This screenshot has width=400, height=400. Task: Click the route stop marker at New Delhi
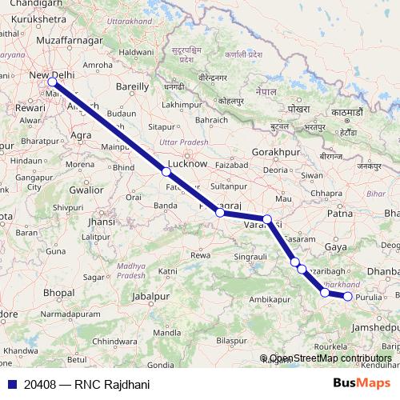[x=52, y=82]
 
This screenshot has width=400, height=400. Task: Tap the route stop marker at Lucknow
[x=166, y=171]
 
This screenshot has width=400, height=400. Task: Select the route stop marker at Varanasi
[x=267, y=218]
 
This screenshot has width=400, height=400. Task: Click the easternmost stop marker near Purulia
[x=348, y=297]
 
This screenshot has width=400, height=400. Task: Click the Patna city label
[x=340, y=214]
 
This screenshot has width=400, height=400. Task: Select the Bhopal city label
[x=58, y=294]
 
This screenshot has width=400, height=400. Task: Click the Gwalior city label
[x=86, y=190]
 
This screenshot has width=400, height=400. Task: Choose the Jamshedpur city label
[x=374, y=327]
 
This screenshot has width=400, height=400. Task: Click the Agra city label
[x=82, y=136]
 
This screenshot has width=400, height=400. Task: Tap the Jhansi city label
[x=102, y=222]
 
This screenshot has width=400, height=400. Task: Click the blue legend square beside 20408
[x=10, y=384]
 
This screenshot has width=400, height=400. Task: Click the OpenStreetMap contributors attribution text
[x=330, y=358]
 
